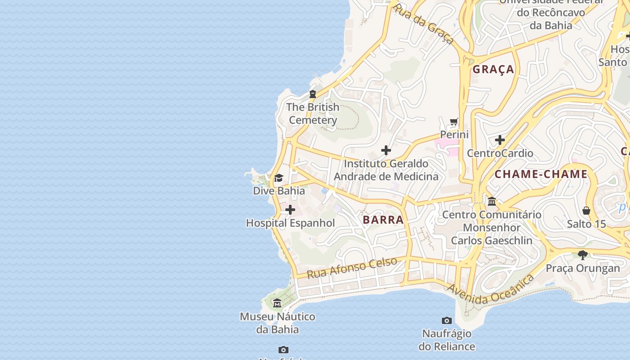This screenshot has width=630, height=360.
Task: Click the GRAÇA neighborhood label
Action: click(x=493, y=69)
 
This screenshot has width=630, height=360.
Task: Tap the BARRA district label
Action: click(x=383, y=220)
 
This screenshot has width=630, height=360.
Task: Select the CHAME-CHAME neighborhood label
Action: click(x=541, y=174)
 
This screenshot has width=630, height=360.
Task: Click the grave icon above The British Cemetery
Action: click(x=312, y=94)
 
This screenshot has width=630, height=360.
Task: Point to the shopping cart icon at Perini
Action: click(x=454, y=122)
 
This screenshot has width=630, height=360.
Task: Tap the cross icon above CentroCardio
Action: click(x=499, y=140)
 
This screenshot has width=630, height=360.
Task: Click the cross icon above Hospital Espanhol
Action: click(x=290, y=210)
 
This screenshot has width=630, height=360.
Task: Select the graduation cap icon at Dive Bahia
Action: click(x=279, y=178)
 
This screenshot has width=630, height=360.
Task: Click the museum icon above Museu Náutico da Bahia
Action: click(x=277, y=303)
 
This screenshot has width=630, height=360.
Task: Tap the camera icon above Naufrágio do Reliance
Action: click(x=446, y=320)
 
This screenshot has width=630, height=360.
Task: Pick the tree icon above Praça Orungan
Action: click(x=583, y=255)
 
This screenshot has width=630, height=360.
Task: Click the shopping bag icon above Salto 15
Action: click(x=586, y=210)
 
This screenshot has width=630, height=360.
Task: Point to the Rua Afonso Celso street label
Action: click(x=352, y=268)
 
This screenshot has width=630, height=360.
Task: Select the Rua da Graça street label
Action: click(x=423, y=25)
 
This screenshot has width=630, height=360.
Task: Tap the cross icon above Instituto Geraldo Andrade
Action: click(x=386, y=150)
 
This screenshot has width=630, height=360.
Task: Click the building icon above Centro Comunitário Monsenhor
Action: click(x=491, y=201)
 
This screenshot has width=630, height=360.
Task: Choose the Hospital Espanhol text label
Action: click(x=290, y=223)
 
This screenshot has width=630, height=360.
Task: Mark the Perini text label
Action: click(x=454, y=135)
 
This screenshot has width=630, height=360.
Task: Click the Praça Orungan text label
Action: click(x=583, y=269)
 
